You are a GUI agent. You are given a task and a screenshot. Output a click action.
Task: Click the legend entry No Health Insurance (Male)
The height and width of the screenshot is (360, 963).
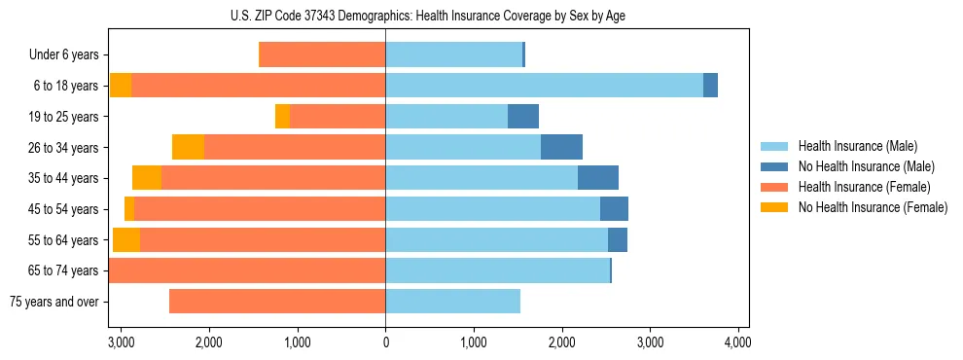click(x=866, y=166)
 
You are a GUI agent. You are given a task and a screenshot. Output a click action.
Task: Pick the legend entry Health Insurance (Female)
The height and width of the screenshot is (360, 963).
click(x=864, y=187)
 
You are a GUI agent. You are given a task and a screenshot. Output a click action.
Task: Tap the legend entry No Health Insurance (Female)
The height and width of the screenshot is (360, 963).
click(x=873, y=207)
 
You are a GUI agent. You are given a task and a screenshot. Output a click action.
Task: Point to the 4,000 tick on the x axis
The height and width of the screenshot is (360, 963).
click(x=737, y=342)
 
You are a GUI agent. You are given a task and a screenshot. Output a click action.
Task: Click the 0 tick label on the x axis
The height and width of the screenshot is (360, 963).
click(x=385, y=342)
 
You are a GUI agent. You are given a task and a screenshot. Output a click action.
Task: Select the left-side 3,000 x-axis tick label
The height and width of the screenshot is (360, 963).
click(x=121, y=342)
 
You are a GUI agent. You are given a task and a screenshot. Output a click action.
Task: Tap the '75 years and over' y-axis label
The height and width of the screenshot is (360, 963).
click(x=53, y=302)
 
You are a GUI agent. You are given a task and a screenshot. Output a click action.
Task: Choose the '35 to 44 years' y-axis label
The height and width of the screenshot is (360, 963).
click(x=64, y=178)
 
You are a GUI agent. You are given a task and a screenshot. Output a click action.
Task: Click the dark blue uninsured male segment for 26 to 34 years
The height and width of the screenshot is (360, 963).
click(x=561, y=147)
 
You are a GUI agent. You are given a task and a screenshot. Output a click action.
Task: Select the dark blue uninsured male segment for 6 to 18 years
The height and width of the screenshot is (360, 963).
click(x=710, y=86)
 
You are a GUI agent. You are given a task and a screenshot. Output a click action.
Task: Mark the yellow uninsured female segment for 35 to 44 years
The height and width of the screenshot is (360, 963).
click(x=147, y=178)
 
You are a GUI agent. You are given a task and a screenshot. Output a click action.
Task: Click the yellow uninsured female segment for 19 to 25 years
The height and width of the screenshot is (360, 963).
click(x=282, y=117)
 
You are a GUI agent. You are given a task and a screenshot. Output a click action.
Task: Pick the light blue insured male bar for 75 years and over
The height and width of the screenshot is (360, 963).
click(x=452, y=302)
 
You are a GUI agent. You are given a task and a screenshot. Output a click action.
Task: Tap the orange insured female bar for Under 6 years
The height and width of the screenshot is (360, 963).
click(x=322, y=55)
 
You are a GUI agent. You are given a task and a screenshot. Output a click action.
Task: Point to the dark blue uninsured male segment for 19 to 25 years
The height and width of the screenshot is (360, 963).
click(x=523, y=117)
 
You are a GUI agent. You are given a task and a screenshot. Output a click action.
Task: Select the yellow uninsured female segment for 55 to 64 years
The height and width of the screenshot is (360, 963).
click(x=126, y=239)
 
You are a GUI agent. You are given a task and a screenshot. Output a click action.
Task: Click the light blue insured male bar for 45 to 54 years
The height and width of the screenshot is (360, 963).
click(x=492, y=209)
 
